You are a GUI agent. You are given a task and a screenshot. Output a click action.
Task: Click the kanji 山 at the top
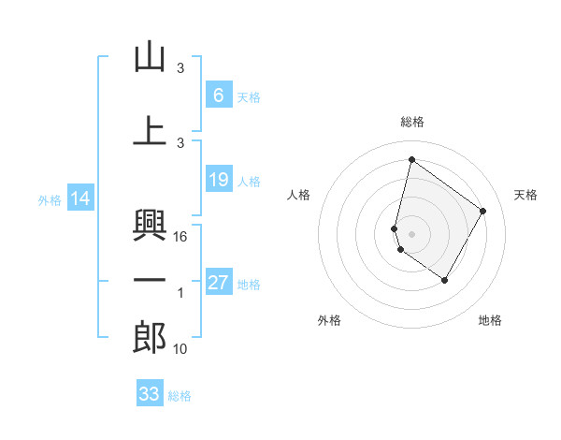pos(150,57)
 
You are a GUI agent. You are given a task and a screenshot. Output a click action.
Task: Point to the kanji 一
pos(150,282)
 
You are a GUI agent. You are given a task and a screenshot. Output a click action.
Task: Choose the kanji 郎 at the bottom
pos(150,338)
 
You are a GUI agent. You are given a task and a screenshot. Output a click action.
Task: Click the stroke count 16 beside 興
pos(181,237)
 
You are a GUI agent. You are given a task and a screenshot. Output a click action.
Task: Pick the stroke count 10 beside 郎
pos(181,349)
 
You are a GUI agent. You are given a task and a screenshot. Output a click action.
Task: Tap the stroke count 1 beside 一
pos(180,293)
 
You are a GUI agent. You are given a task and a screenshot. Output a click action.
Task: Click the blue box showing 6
pos(218,95)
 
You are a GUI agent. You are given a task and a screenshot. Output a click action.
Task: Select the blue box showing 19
pos(218,180)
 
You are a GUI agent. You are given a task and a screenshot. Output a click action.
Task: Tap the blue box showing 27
pos(218,283)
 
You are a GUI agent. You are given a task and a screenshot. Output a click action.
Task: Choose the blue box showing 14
pos(80,198)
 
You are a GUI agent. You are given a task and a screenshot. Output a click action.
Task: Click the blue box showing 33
pos(150,394)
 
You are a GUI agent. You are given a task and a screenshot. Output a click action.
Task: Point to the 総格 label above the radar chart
pos(411,122)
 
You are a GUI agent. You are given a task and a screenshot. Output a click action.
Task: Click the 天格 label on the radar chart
pos(526,195)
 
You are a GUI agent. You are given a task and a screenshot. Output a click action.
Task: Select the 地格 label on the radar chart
pos(490,320)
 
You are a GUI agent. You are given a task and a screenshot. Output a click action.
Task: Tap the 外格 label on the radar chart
pos(329,320)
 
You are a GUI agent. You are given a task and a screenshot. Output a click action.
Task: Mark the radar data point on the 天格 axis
pos(483,211)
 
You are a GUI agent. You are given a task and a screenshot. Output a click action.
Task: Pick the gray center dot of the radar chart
pos(411,233)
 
